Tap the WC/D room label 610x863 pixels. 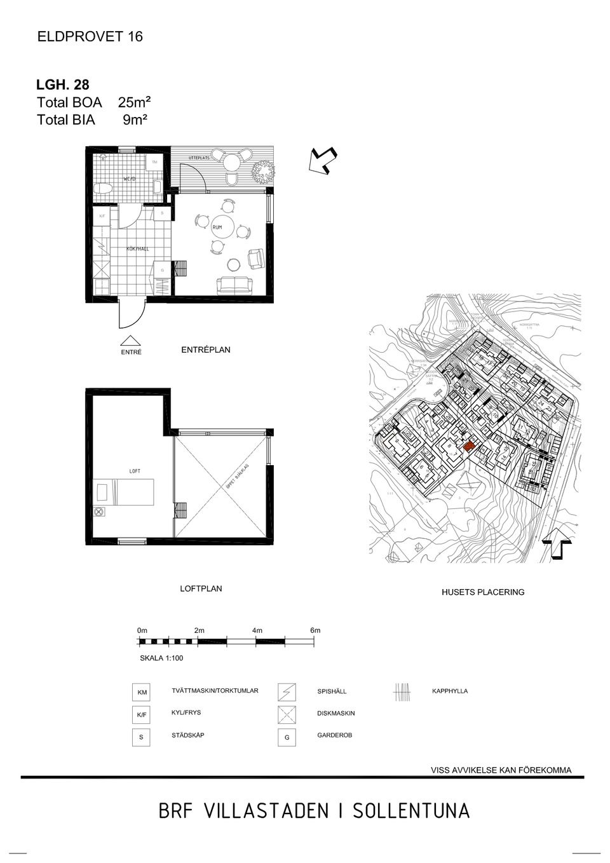click(129, 179)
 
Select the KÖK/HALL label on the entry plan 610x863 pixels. click(137, 248)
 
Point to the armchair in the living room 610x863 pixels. click(257, 258)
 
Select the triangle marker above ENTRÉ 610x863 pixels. click(131, 341)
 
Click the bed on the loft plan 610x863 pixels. click(124, 493)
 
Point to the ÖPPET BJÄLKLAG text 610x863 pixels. click(237, 477)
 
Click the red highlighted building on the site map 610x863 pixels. click(468, 447)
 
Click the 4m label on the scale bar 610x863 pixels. click(257, 630)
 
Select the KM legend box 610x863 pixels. click(142, 692)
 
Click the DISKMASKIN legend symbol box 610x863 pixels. click(287, 714)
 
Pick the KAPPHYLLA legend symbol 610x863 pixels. click(402, 691)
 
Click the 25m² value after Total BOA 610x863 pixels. click(134, 102)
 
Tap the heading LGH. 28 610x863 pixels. click(63, 85)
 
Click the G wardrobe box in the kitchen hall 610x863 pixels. click(162, 270)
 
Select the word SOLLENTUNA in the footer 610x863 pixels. click(411, 812)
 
